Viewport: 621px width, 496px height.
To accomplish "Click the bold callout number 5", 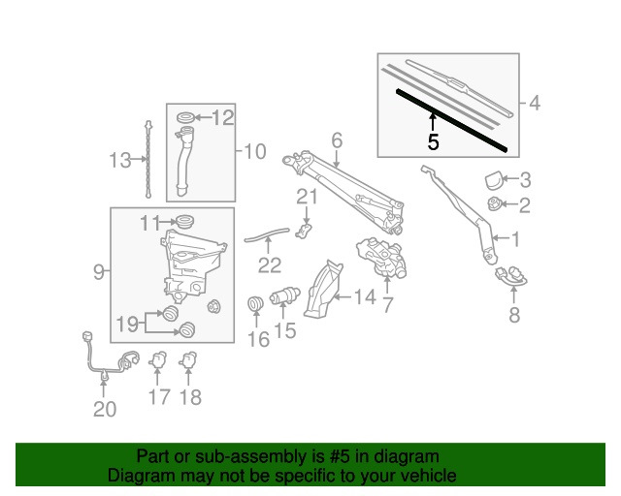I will pyautogui.click(x=433, y=142).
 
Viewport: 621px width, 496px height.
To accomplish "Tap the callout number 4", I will pyautogui.click(x=533, y=102).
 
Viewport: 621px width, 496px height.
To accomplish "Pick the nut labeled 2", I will pyautogui.click(x=495, y=204).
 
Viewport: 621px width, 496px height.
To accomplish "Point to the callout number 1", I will pyautogui.click(x=516, y=237).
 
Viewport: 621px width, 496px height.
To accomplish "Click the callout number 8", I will pyautogui.click(x=514, y=316).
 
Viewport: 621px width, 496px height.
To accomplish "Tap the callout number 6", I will pyautogui.click(x=337, y=141).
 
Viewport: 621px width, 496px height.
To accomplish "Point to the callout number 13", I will pyautogui.click(x=119, y=161).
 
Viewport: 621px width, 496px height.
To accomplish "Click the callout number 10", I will pyautogui.click(x=253, y=151).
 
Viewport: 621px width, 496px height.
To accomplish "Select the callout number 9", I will pyautogui.click(x=98, y=274).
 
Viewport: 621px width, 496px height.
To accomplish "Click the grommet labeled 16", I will pyautogui.click(x=257, y=306).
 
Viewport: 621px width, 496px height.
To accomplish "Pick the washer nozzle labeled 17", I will pyautogui.click(x=158, y=361).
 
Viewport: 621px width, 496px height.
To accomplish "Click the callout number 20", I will pyautogui.click(x=104, y=409).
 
